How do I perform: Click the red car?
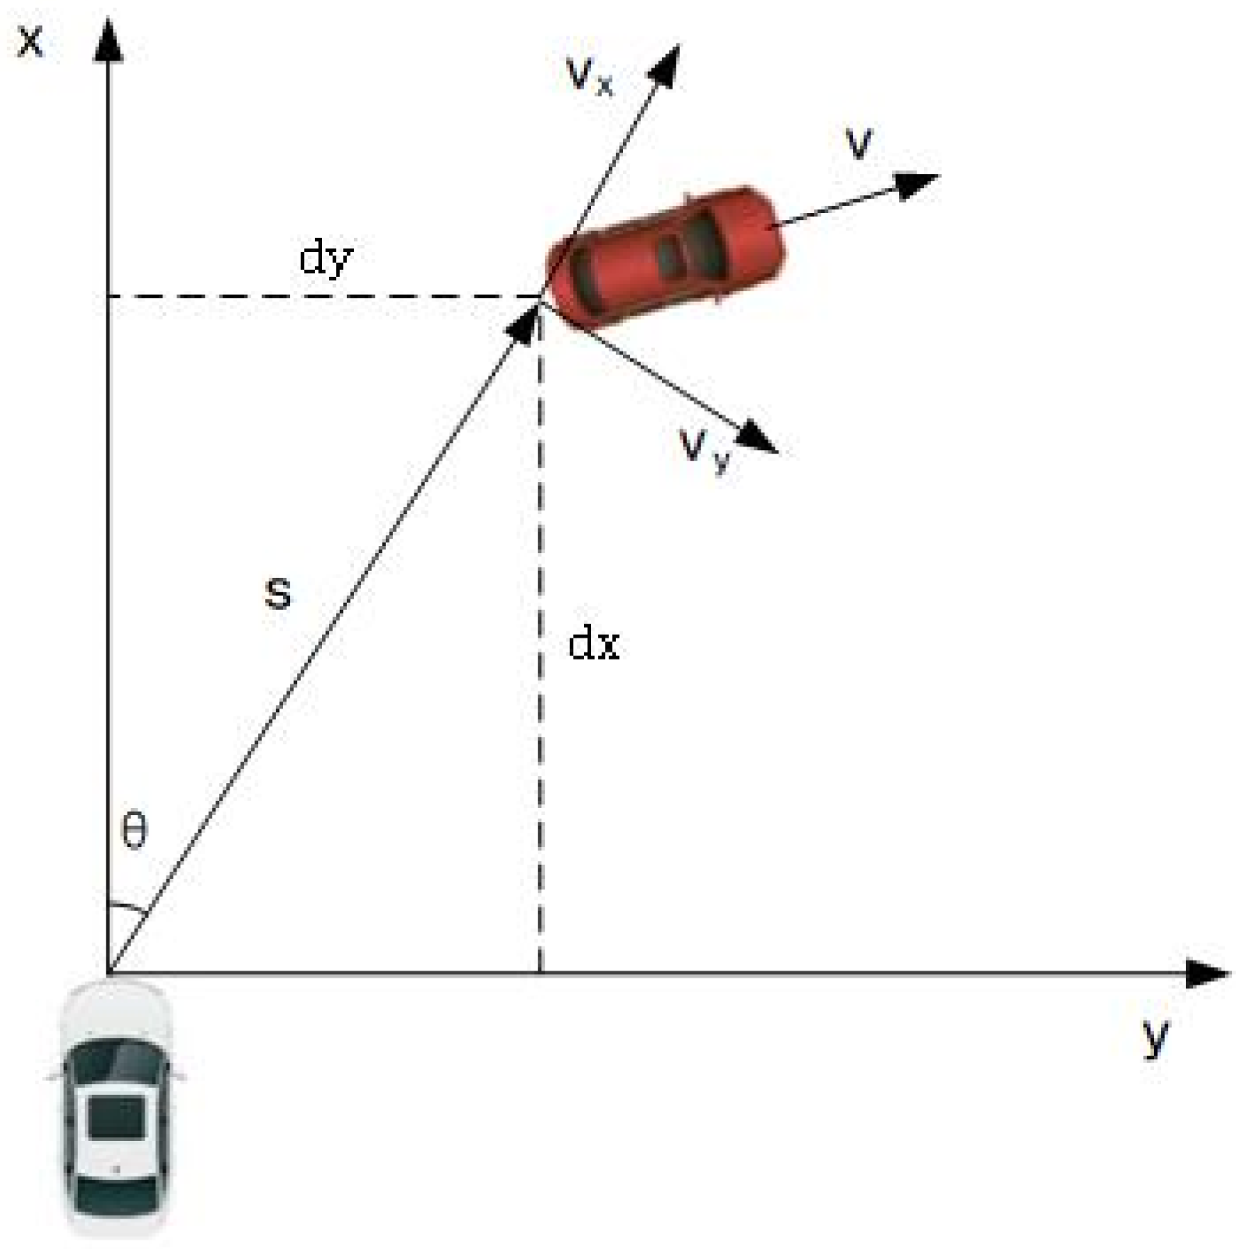coord(667,257)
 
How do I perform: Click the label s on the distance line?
coord(278,593)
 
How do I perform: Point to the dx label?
coord(593,644)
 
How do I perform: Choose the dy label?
coord(326,257)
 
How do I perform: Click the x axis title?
coord(30,40)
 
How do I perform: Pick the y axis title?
coord(1156,1035)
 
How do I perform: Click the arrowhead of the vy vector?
coord(758,439)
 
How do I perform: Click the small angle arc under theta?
coord(126,906)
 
